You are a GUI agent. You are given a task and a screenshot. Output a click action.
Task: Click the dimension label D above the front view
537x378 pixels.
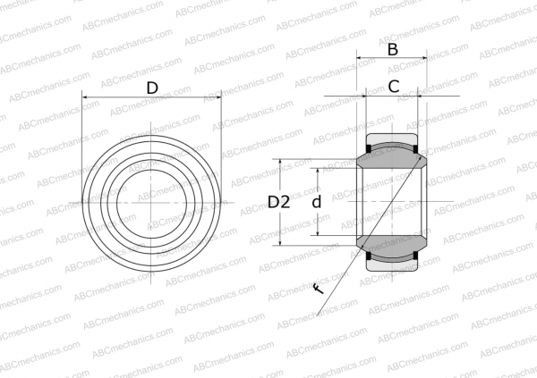(x=151, y=87)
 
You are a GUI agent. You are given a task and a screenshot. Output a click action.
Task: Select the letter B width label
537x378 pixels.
(x=392, y=50)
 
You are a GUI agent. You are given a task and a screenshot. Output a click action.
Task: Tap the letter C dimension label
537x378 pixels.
(x=392, y=87)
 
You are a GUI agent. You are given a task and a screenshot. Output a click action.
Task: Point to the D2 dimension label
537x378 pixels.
(x=278, y=202)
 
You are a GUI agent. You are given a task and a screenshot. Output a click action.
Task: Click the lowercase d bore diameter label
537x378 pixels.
(x=315, y=202)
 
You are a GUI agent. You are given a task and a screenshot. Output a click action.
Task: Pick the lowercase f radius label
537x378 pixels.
(x=317, y=287)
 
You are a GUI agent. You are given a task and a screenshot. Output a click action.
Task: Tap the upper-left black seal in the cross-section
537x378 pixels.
(x=369, y=147)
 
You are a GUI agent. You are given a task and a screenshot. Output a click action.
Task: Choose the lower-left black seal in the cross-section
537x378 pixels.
(x=369, y=257)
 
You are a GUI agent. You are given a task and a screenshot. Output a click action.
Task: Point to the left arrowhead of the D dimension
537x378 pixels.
(x=86, y=97)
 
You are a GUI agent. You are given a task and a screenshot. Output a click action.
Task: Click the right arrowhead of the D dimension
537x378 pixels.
(x=217, y=97)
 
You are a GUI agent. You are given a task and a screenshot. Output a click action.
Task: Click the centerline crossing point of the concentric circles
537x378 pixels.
(x=151, y=202)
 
